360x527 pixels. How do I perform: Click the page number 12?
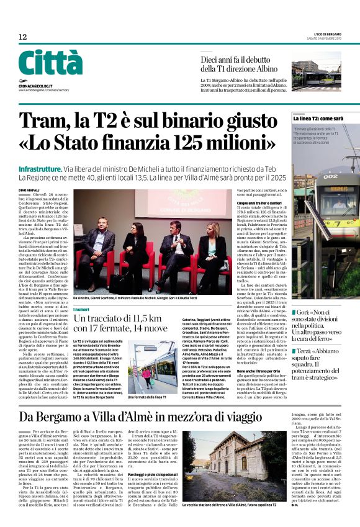point(23,37)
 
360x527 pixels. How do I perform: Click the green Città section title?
point(50,63)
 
